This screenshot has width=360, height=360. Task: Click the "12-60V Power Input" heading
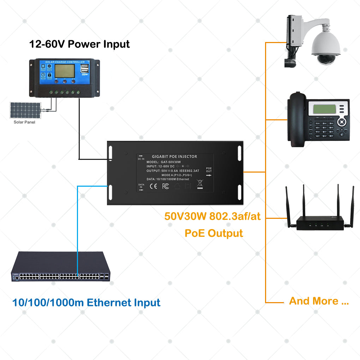pyautogui.click(x=79, y=44)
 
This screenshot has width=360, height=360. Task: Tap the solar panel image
pyautogui.click(x=24, y=110)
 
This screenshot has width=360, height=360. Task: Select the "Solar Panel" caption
pyautogui.click(x=24, y=122)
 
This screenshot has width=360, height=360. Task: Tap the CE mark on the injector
pyautogui.click(x=154, y=186)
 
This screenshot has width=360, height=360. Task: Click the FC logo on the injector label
pyautogui.click(x=165, y=186)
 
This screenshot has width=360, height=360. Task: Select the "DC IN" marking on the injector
pyautogui.click(x=141, y=157)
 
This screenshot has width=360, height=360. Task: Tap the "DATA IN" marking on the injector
pyautogui.click(x=141, y=186)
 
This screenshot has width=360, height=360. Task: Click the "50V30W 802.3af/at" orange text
pyautogui.click(x=212, y=216)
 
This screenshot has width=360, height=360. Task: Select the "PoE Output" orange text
pyautogui.click(x=214, y=233)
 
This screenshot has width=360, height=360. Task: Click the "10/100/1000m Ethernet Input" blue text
pyautogui.click(x=86, y=302)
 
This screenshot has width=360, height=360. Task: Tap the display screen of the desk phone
pyautogui.click(x=324, y=110)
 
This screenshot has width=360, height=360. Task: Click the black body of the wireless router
pyautogui.click(x=320, y=224)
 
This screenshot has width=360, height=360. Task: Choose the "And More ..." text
pyautogui.click(x=319, y=301)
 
